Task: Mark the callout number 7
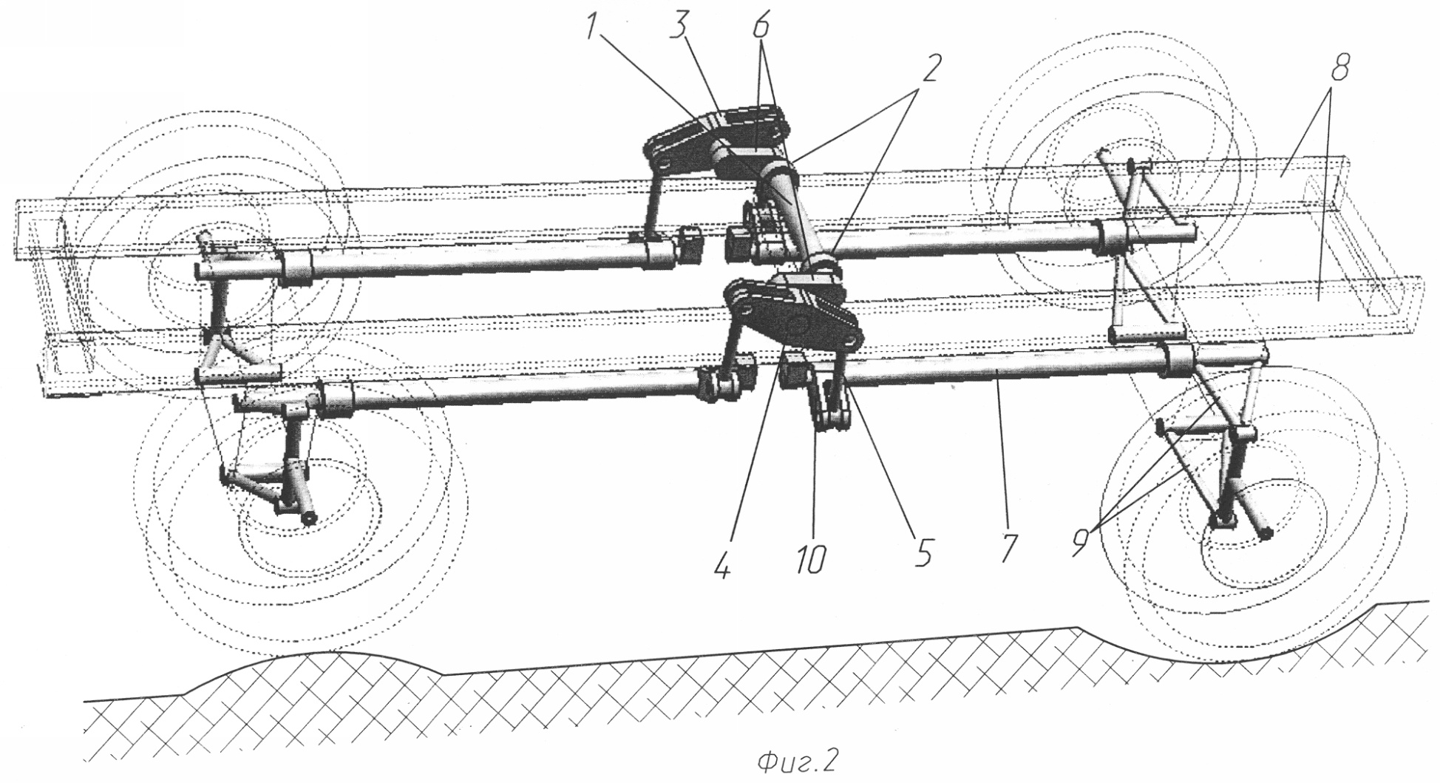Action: [x=1010, y=548]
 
